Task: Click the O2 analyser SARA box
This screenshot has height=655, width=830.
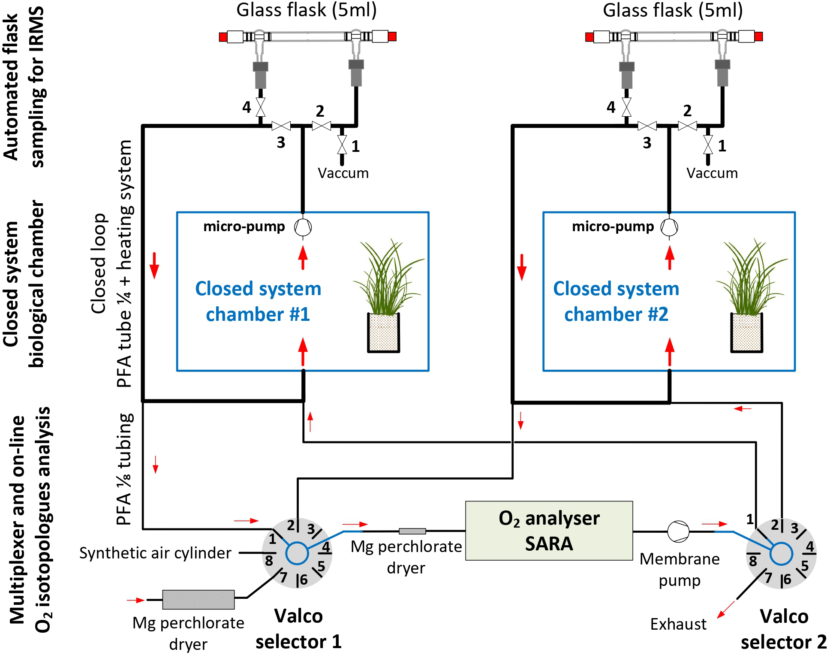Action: (x=549, y=531)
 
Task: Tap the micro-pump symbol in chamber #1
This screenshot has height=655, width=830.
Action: (x=303, y=227)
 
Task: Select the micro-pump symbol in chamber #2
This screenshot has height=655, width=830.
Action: (x=669, y=227)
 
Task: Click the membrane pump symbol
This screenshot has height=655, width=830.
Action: (x=678, y=531)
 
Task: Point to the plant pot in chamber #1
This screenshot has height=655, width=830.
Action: (x=383, y=332)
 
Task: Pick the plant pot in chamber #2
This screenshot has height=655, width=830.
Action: (x=746, y=332)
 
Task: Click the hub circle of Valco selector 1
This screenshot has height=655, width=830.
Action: (x=297, y=553)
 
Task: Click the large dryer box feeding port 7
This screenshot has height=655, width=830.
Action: (x=198, y=599)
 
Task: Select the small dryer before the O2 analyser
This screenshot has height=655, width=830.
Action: (x=412, y=531)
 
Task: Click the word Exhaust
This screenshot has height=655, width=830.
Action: (x=678, y=624)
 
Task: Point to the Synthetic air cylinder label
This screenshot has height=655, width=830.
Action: (x=155, y=553)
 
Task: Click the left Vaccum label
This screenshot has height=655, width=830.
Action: (x=343, y=173)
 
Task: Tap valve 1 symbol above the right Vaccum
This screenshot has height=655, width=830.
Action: (x=708, y=145)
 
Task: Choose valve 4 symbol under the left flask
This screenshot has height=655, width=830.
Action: (x=260, y=107)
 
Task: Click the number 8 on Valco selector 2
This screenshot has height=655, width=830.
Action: (x=753, y=561)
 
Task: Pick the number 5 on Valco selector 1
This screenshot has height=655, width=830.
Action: (x=321, y=566)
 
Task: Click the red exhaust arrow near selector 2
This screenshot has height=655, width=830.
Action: (x=725, y=610)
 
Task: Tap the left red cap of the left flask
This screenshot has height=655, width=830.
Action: (x=223, y=37)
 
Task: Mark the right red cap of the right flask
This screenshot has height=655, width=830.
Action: (x=758, y=36)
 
